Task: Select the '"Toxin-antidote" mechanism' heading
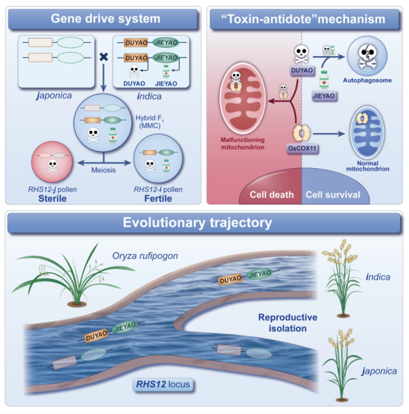pyautogui.click(x=306, y=19)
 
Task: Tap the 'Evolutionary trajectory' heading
pyautogui.click(x=204, y=223)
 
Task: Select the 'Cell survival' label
pyautogui.click(x=333, y=195)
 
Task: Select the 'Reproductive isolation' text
pyautogui.click(x=288, y=323)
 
